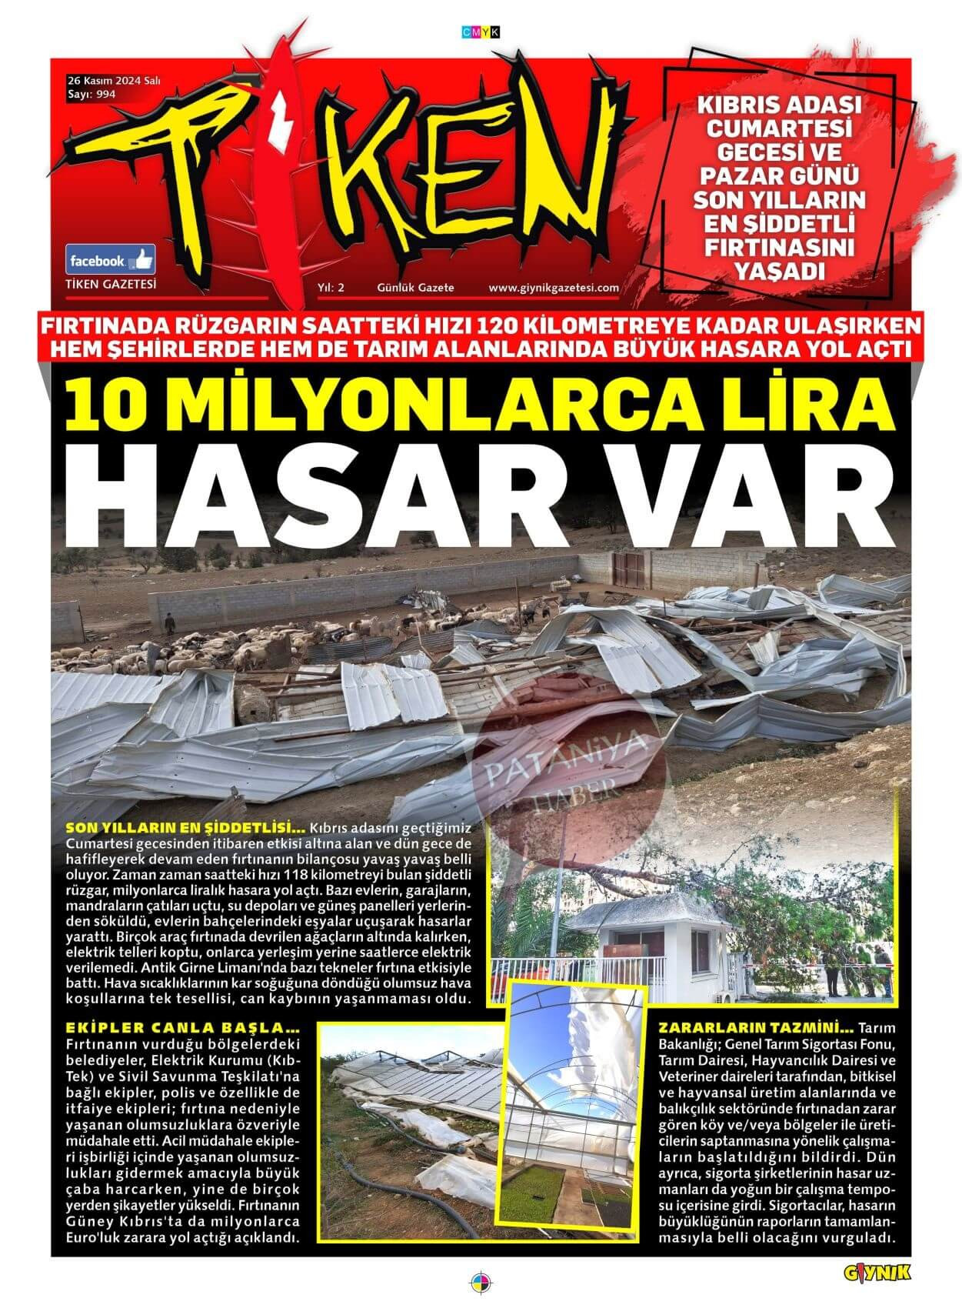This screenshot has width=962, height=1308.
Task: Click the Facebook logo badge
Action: pos(111,261)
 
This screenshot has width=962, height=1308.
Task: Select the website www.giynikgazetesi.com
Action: pos(554,288)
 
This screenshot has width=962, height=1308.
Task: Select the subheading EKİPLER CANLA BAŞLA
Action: pos(181,1029)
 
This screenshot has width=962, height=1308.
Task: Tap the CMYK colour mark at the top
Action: pos(481,32)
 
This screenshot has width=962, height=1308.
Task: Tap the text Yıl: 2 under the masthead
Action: pos(331,288)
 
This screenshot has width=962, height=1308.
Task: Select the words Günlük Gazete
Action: pos(415,288)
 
